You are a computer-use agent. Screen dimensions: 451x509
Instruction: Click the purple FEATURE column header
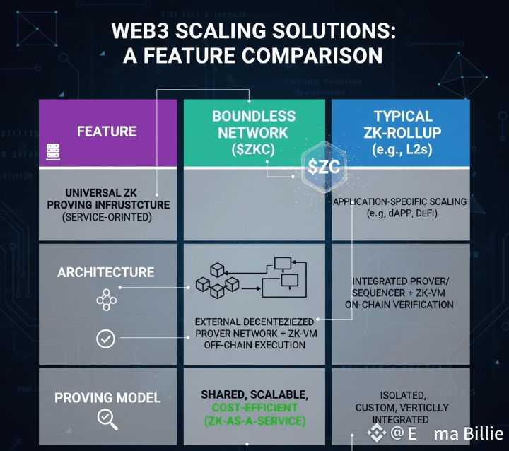click(x=107, y=131)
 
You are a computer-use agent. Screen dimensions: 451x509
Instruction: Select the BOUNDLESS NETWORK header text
click(x=253, y=124)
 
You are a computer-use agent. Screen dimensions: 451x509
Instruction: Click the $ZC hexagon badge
click(x=324, y=168)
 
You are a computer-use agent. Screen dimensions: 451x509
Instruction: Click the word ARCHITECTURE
click(x=105, y=272)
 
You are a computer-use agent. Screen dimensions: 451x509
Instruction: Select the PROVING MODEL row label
click(x=107, y=398)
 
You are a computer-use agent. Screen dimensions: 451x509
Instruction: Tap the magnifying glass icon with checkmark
click(x=107, y=420)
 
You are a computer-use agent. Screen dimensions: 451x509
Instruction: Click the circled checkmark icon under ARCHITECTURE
click(x=105, y=339)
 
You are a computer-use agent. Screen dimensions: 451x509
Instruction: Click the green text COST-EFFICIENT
click(x=253, y=408)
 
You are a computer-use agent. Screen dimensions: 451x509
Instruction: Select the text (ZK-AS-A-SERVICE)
click(x=253, y=421)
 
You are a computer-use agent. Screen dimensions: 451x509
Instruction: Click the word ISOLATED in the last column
click(x=402, y=394)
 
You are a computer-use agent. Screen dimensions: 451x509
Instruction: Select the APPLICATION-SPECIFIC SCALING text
click(x=399, y=201)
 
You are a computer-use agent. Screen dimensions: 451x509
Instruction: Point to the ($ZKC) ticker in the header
click(x=253, y=148)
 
